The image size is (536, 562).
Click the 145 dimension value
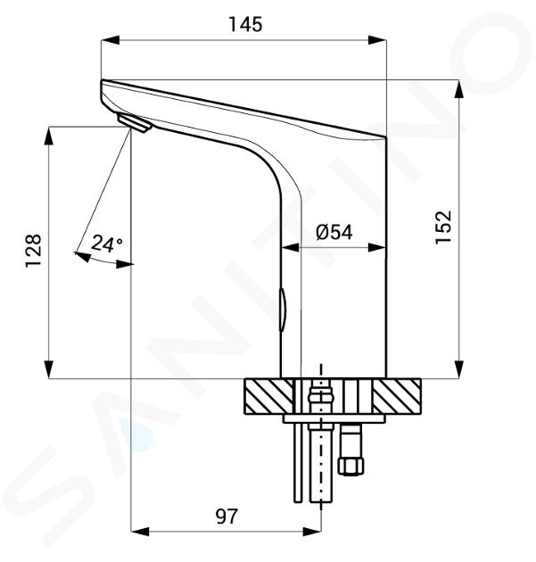(245, 24)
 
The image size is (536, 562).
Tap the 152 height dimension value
(443, 227)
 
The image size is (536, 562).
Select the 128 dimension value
(34, 251)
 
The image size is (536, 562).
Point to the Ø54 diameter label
(334, 232)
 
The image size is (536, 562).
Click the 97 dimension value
(226, 517)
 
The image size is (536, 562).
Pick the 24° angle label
(106, 244)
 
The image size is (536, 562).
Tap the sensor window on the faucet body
(283, 309)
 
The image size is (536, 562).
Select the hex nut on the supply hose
(351, 466)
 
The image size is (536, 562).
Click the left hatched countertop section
(268, 396)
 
